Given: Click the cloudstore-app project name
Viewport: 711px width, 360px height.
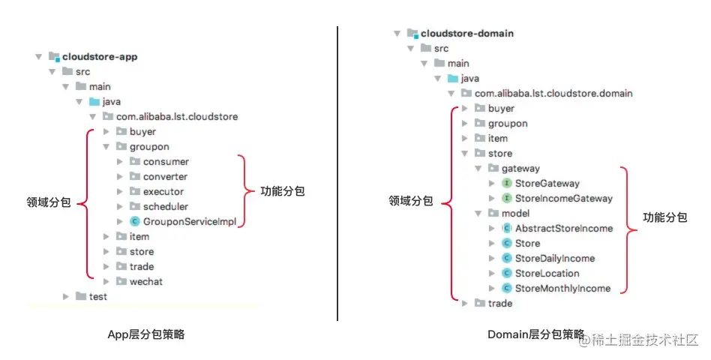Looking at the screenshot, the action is (x=100, y=57).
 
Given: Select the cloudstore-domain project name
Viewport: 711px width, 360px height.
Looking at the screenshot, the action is (x=466, y=34).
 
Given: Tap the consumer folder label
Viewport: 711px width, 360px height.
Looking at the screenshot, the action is (x=166, y=162).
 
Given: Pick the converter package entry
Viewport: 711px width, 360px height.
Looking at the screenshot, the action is (x=165, y=177).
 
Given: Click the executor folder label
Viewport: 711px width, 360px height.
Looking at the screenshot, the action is (x=163, y=192).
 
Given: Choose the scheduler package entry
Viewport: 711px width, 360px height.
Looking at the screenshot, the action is (x=166, y=207).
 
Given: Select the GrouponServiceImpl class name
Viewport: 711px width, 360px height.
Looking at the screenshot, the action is (x=190, y=222).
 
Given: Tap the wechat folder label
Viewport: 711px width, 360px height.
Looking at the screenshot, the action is (x=146, y=282).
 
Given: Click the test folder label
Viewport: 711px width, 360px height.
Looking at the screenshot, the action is (x=98, y=297).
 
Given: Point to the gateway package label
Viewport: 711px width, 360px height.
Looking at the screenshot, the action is (x=520, y=169).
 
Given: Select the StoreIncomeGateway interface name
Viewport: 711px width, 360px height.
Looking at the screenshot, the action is (x=563, y=199).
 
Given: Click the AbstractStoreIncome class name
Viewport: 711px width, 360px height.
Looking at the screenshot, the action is (x=563, y=229).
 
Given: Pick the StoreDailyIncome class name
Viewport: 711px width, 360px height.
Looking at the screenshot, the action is (x=554, y=259).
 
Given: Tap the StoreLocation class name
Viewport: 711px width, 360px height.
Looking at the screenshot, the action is (x=547, y=274).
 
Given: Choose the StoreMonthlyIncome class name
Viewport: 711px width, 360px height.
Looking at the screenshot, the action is (x=562, y=289).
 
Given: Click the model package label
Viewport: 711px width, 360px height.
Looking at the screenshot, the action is (x=515, y=214).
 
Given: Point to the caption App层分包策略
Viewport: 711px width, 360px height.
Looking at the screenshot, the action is (x=146, y=335).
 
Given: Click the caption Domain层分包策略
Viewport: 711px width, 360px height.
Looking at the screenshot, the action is (x=535, y=334).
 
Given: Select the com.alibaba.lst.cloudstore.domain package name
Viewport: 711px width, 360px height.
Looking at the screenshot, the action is (x=553, y=94).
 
